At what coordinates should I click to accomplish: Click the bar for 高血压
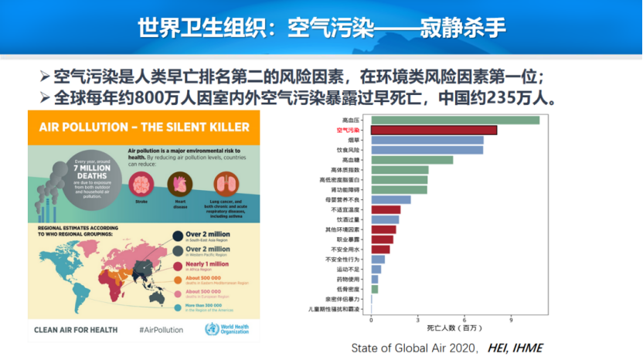[x=454, y=120]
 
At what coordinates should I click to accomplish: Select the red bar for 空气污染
[x=434, y=131]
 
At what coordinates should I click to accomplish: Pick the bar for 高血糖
[x=411, y=160]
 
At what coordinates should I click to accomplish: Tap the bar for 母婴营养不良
[x=390, y=199]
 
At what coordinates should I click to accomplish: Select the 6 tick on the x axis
[x=464, y=320]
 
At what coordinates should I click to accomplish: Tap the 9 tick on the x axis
[x=512, y=320]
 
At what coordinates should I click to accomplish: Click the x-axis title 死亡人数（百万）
[x=452, y=329]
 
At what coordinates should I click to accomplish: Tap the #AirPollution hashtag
[x=161, y=330]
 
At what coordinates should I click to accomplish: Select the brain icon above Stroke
[x=141, y=183]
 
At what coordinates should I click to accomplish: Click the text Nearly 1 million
[x=209, y=263]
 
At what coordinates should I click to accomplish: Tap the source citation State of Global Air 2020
[x=415, y=348]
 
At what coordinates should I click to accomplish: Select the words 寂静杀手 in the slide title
[x=464, y=29]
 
